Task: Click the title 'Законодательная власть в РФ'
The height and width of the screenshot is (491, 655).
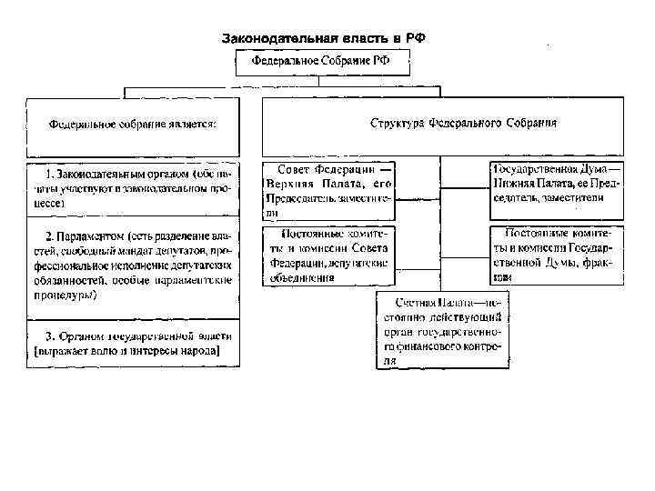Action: click(324, 39)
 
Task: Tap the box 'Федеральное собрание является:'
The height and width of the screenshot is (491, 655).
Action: click(132, 125)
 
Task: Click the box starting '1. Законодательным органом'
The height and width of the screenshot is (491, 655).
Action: click(133, 188)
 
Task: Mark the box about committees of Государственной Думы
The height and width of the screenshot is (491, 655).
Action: click(558, 255)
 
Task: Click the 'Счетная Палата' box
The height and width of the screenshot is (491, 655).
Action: click(442, 330)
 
